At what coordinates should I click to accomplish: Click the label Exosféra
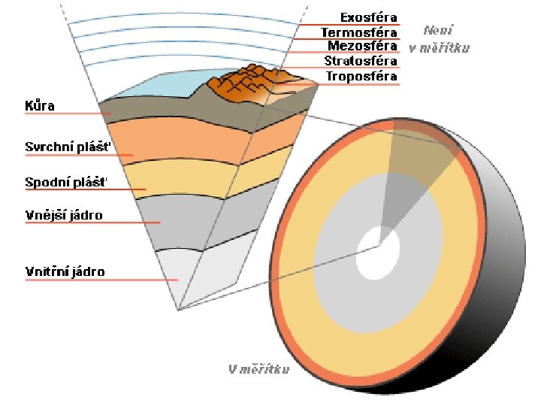point(368,17)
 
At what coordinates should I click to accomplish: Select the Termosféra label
point(358,32)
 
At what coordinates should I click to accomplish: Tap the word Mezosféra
point(362,46)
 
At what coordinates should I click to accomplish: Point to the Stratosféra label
point(360,61)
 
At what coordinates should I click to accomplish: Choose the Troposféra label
point(361,76)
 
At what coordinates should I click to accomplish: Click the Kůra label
point(40,106)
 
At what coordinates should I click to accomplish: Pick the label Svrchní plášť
point(68,147)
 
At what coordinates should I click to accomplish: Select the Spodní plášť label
point(66,182)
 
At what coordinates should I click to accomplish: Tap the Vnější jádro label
point(64,216)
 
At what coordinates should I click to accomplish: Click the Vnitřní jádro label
point(65,271)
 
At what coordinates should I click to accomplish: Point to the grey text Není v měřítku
point(440,39)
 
